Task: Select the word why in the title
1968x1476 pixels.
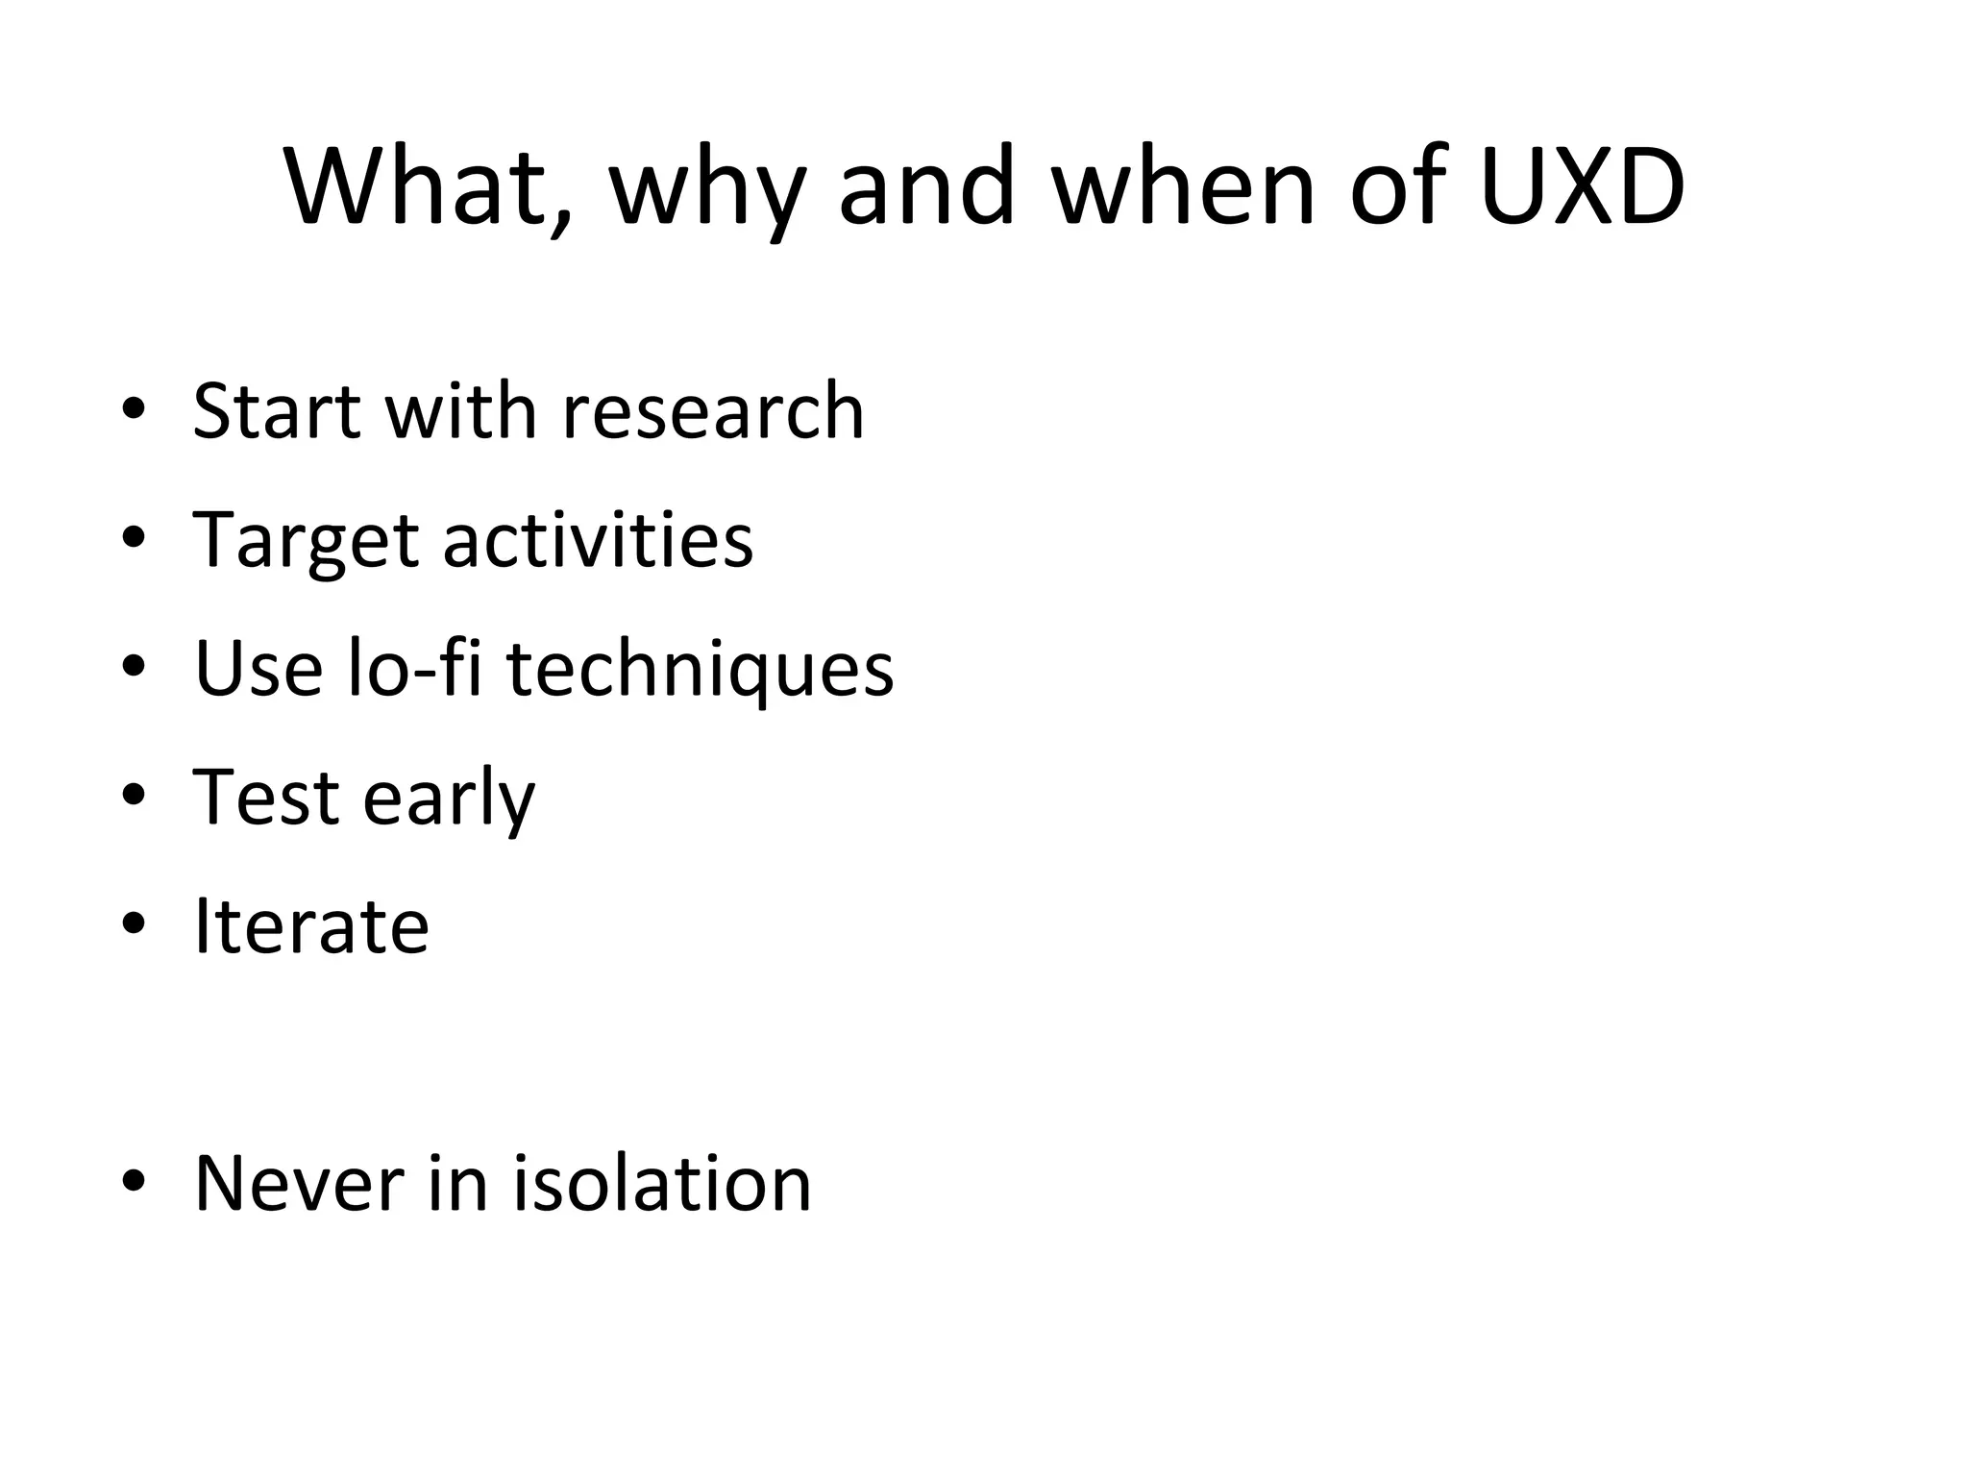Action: click(707, 192)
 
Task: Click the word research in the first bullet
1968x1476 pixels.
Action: click(713, 411)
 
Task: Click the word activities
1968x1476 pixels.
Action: click(598, 540)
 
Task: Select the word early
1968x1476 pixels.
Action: click(449, 800)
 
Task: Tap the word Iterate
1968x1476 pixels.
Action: click(311, 925)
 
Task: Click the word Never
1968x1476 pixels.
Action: click(299, 1183)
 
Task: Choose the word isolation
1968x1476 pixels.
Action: click(662, 1183)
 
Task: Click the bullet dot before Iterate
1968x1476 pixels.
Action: click(134, 924)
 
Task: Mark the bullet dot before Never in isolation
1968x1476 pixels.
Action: click(134, 1182)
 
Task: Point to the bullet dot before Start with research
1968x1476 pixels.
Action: click(134, 410)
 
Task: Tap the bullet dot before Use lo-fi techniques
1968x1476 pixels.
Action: click(134, 667)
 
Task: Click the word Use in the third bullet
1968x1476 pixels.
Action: click(258, 668)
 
